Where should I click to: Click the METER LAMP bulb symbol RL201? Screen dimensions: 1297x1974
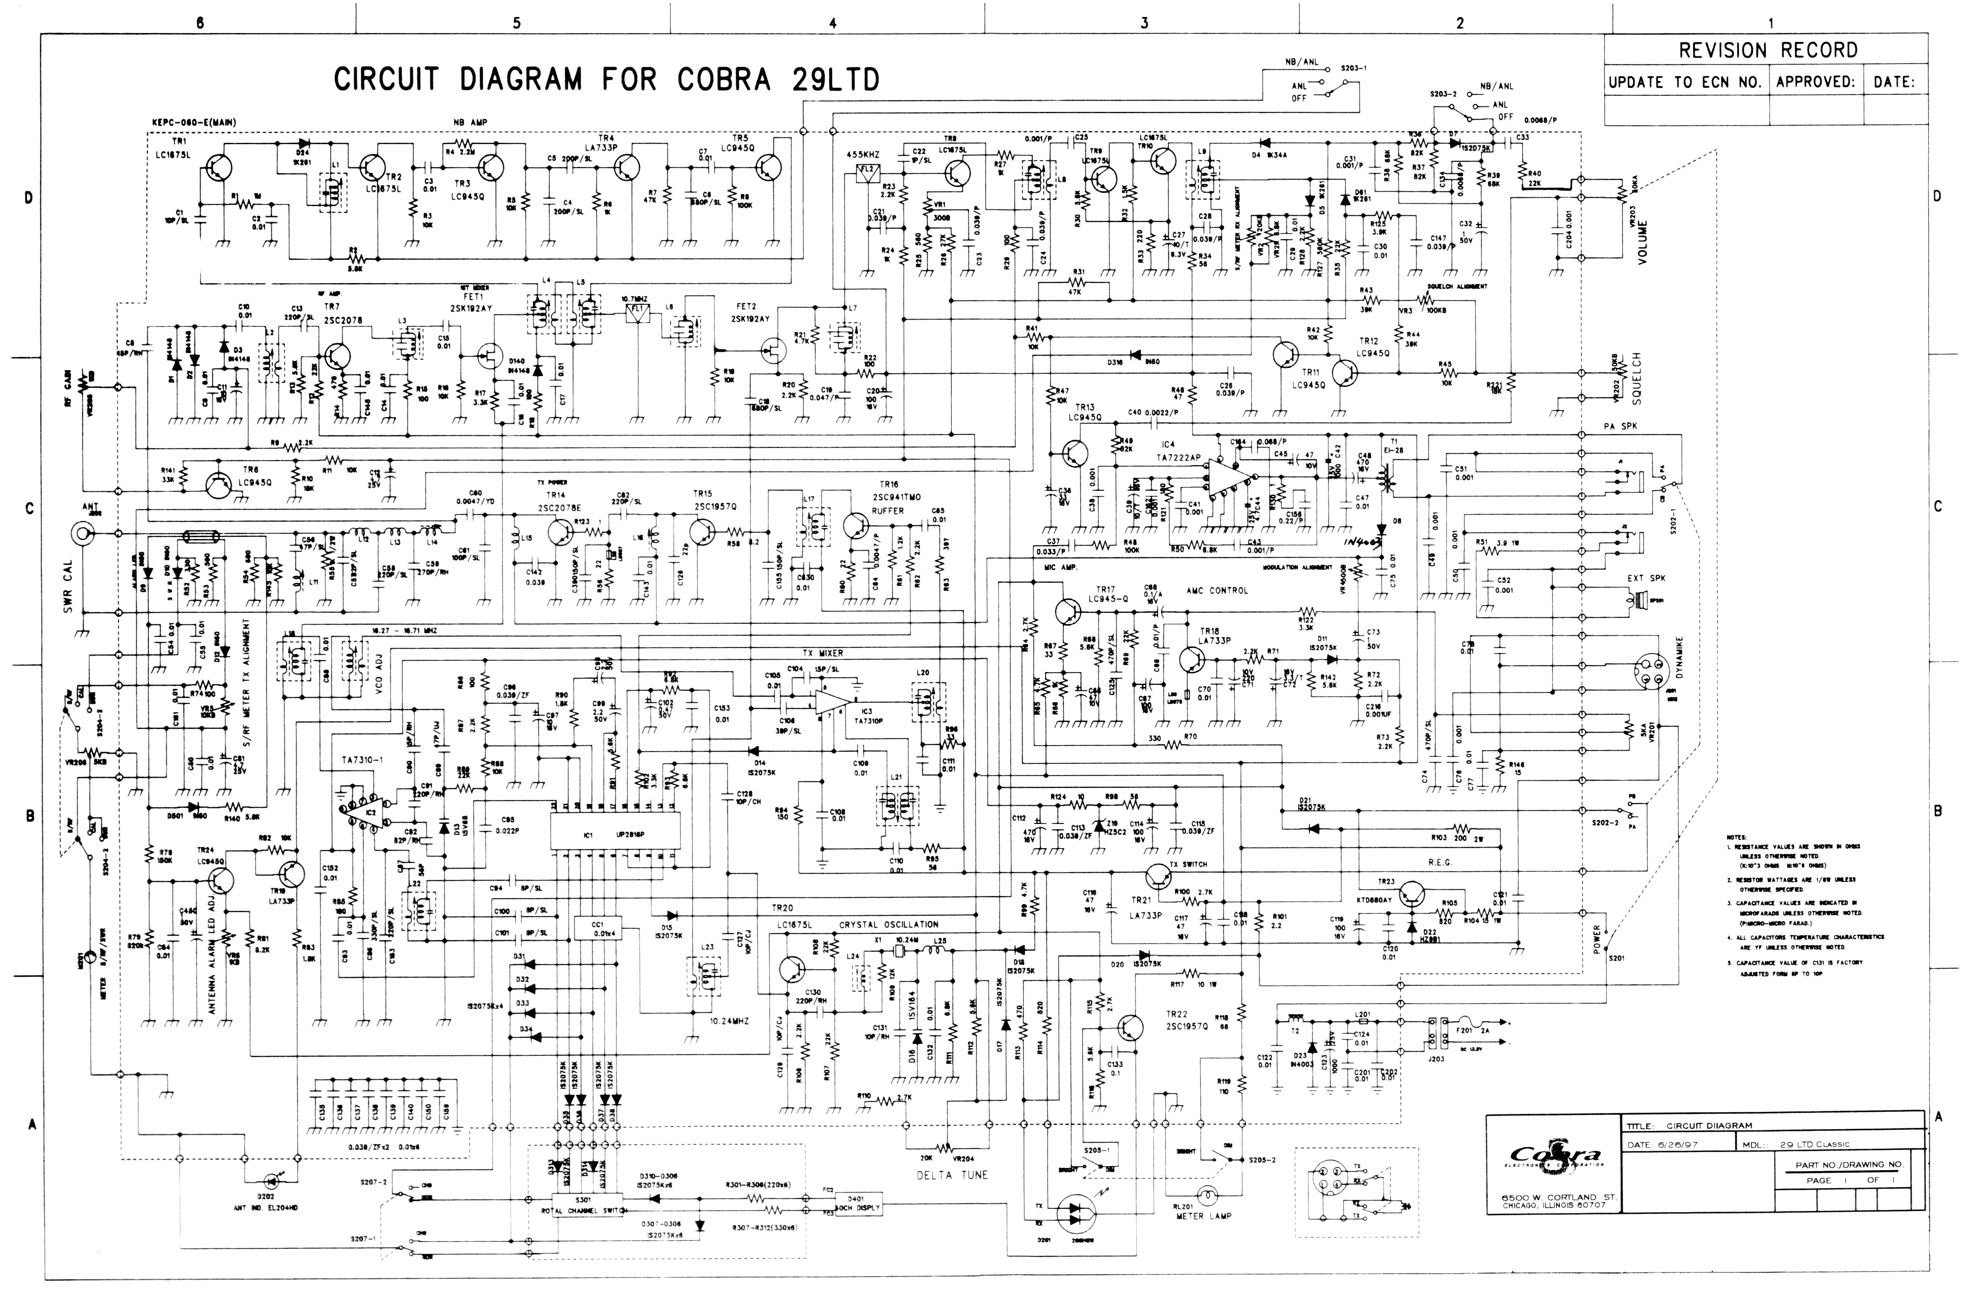tap(1207, 1197)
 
